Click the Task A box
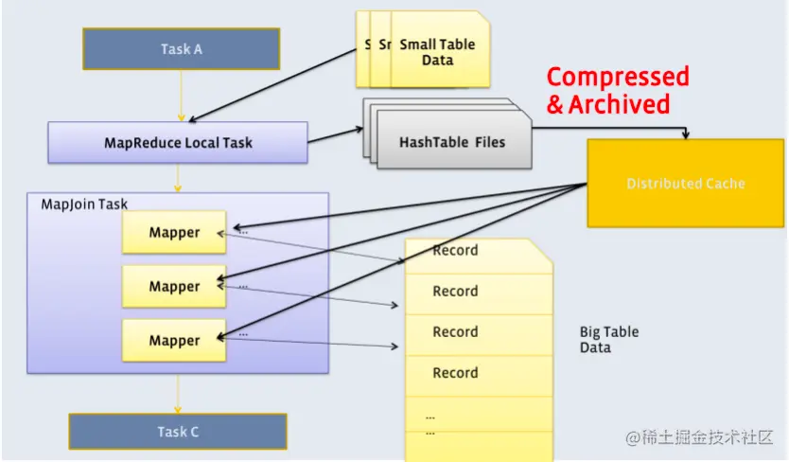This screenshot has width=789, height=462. pos(181,49)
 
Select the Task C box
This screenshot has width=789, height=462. pos(178,432)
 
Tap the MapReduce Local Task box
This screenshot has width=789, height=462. pos(178,143)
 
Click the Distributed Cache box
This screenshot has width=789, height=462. pos(686,184)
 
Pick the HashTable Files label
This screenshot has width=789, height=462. pos(452,142)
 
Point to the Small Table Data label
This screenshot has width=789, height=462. pos(437,52)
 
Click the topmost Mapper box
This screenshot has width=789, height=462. pos(174,233)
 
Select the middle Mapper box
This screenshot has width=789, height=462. pos(174,287)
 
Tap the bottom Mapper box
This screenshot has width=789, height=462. pos(174,341)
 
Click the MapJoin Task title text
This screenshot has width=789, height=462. pos(84,204)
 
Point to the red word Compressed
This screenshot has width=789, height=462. pos(618,77)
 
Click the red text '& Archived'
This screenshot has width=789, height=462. pos(608,104)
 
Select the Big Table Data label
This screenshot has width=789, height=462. pos(608,339)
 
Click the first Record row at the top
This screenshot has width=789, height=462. pos(455,251)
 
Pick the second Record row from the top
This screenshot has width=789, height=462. pos(455,292)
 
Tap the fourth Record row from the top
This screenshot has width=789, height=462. pos(455,373)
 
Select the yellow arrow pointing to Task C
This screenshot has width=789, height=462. pos(177,393)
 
